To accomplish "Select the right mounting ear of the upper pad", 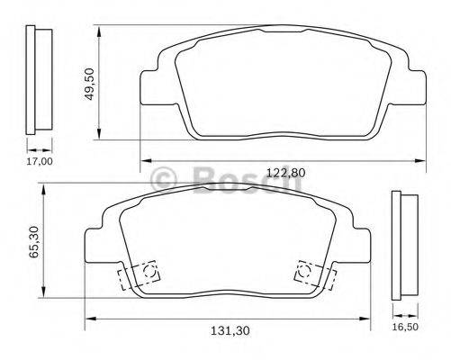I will pos(413,84).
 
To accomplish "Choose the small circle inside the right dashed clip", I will pos(305,267).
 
